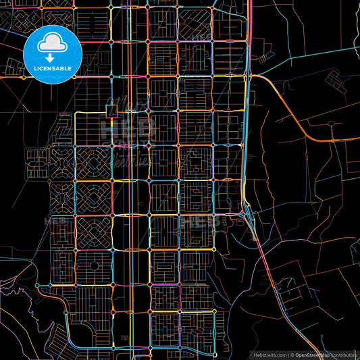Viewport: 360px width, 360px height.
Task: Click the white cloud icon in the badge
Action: [53, 41]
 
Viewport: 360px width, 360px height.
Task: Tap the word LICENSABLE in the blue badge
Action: [53, 69]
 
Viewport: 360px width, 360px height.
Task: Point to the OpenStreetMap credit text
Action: [313, 354]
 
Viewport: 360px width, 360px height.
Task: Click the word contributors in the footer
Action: [344, 354]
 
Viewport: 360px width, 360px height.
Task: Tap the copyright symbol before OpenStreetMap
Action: [292, 354]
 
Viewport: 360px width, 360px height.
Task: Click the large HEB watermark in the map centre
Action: [135, 125]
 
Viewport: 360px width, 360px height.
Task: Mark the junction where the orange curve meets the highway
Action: [251, 76]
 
